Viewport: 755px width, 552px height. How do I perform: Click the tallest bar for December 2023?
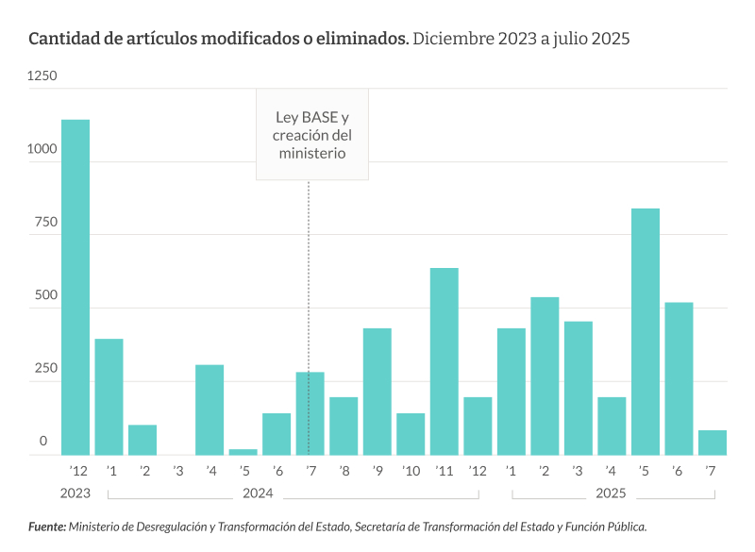pos(75,287)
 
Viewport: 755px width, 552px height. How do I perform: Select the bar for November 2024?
pos(445,361)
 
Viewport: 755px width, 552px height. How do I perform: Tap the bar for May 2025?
pos(646,331)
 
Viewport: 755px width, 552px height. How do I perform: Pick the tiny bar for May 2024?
pos(243,451)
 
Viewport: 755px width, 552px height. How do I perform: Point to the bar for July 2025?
pos(713,443)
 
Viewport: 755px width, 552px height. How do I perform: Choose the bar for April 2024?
pos(210,410)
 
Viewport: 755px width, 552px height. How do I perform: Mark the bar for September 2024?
pos(377,392)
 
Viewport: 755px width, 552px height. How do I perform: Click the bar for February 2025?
pos(545,376)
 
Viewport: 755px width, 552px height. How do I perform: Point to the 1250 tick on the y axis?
pos(42,75)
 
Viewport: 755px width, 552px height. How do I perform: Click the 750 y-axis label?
pos(46,223)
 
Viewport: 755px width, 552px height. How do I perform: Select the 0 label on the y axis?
pos(42,441)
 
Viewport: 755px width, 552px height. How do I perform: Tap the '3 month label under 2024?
pos(176,471)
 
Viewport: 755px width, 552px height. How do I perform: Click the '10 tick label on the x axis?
pos(411,471)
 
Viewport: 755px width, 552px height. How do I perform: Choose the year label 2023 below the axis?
pos(75,493)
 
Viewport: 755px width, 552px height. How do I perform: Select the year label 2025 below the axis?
pos(611,493)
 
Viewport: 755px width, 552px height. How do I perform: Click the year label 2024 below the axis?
pos(258,493)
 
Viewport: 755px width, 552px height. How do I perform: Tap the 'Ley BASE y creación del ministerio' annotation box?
pos(312,135)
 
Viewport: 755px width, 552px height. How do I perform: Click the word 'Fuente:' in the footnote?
pos(46,527)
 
